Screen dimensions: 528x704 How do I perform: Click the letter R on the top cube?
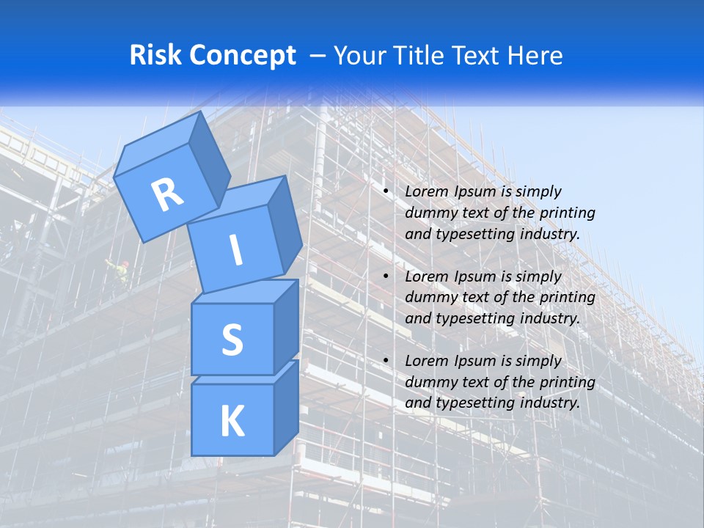167,195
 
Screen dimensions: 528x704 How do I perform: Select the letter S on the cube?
232,340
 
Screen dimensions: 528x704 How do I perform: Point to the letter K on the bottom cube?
232,422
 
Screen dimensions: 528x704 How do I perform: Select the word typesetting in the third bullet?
474,403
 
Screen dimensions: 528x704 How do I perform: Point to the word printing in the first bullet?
567,213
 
